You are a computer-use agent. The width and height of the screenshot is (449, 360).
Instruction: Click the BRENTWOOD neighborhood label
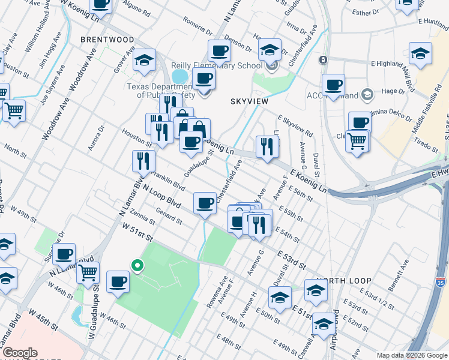pos(107,40)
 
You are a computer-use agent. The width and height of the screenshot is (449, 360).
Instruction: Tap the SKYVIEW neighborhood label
pos(249,102)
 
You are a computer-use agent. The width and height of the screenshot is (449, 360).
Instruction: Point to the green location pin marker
pos(137,265)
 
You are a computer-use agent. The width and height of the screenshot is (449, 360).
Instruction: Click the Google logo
pos(19,353)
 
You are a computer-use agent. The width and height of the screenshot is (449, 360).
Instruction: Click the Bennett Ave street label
pos(398,272)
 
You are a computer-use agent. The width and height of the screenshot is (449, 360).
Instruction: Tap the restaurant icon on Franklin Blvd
pos(143,161)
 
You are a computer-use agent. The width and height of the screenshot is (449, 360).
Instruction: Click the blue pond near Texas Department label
pos(179,77)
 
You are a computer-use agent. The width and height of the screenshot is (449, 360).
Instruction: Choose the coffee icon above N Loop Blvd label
pos(205,203)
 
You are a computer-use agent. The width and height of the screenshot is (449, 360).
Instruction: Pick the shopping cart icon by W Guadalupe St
pos(88,272)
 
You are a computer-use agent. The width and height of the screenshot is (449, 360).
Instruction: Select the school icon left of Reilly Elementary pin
pos(144,60)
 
